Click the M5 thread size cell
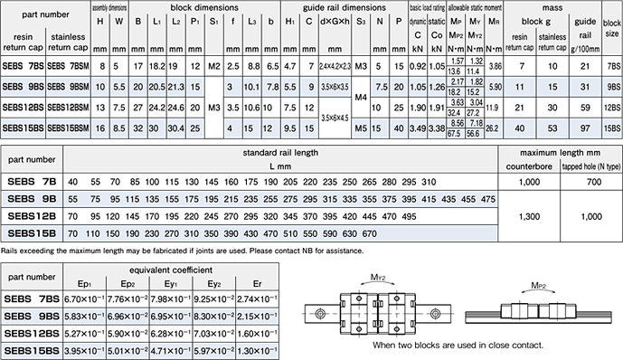tap(361, 128)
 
